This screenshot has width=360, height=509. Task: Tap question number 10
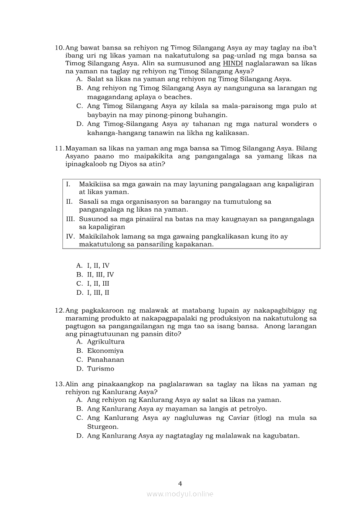coord(59,47)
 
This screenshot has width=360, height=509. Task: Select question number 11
coord(59,148)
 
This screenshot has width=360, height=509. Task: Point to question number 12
coord(59,310)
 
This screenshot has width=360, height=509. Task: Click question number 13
coord(59,384)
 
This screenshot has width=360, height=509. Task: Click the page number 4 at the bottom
coord(180,483)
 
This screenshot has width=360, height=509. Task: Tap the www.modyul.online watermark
coord(180,494)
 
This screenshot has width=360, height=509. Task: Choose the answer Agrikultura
coord(105,342)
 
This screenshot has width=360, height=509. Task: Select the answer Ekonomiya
coord(105,351)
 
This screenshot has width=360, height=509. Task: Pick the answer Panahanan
coord(105,360)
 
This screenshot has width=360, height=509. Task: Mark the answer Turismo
coord(101,369)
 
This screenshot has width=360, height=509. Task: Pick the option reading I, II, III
coord(98,283)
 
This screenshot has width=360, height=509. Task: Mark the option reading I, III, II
coord(98,293)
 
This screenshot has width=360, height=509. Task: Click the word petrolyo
coord(252,409)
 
